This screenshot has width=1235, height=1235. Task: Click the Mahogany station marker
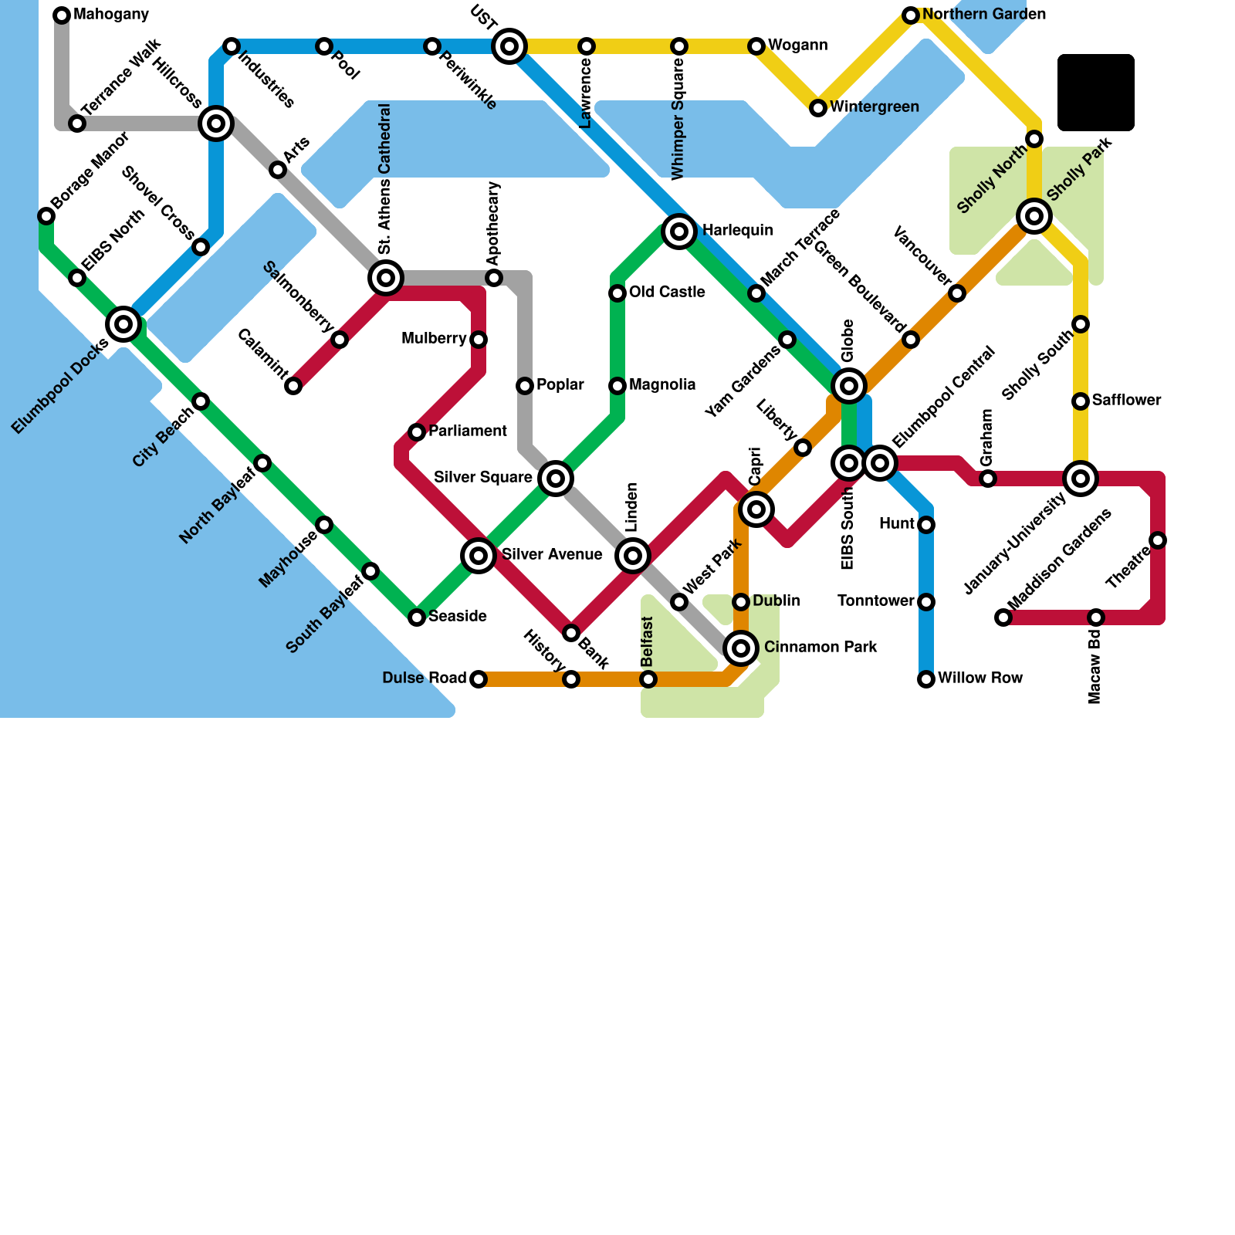62,15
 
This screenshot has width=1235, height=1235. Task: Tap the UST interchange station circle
509,46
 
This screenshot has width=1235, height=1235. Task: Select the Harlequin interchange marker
679,231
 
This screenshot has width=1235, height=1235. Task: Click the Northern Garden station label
984,15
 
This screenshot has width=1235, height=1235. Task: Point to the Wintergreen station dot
818,108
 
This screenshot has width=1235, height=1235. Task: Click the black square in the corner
1095,92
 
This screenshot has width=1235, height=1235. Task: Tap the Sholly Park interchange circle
1034,216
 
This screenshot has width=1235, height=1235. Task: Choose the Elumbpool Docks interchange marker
123,323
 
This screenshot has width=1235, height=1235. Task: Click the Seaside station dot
417,617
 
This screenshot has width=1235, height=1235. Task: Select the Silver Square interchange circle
556,479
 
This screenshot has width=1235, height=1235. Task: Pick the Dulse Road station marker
479,679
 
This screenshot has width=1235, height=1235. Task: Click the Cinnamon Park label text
821,647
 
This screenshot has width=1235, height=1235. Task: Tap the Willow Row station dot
926,679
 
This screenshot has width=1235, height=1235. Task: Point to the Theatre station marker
1158,540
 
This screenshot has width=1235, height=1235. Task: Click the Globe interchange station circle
849,385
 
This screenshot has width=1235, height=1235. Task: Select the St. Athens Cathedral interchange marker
386,278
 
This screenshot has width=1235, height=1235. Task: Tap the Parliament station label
468,431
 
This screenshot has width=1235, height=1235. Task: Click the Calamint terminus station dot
293,386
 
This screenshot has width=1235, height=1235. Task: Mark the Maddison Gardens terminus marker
1003,617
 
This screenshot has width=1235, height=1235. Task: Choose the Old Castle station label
667,292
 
